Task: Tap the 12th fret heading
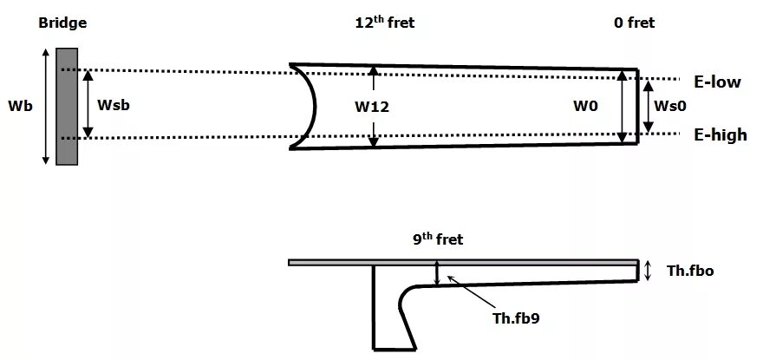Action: coord(378,23)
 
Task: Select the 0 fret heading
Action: coord(634,23)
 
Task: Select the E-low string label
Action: coord(717,82)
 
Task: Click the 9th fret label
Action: coord(438,239)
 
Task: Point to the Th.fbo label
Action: coord(690,272)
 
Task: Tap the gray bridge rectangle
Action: coord(67,106)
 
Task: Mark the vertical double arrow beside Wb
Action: coord(46,106)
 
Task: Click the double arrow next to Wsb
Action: coord(87,103)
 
